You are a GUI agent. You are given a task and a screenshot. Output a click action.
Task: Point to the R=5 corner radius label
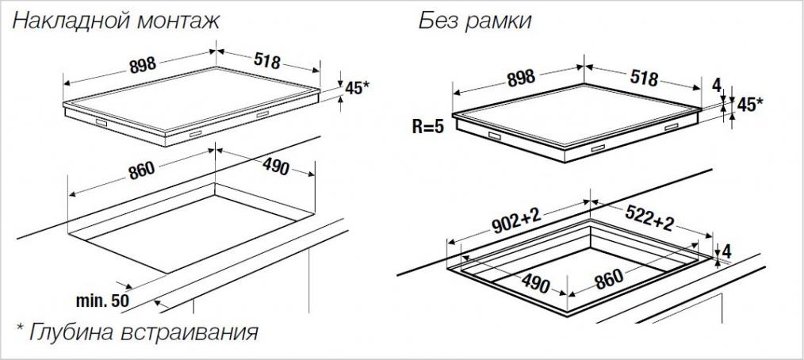(x=428, y=127)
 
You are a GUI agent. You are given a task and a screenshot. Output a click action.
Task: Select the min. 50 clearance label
(x=102, y=301)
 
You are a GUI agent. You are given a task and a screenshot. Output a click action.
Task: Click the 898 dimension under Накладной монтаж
(x=143, y=65)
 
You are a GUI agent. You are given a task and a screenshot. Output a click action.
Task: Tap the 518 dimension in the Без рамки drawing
(x=644, y=78)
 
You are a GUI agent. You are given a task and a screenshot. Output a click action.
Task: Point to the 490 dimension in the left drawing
(x=276, y=166)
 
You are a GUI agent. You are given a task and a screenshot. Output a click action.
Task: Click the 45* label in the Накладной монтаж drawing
(x=357, y=88)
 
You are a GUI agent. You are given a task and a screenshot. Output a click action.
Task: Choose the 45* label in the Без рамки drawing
(x=750, y=105)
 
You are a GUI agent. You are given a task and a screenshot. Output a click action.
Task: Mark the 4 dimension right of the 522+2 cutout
(x=726, y=252)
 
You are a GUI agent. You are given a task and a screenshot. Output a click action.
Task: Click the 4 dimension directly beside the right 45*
(x=717, y=84)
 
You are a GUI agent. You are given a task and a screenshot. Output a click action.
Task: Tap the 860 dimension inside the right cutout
(x=609, y=279)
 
